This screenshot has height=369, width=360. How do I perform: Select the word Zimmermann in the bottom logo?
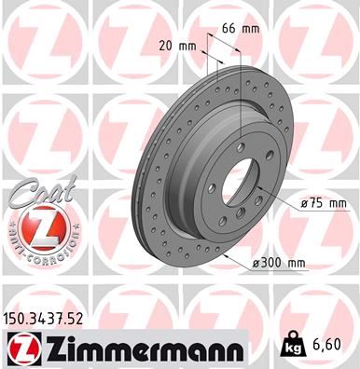click(136, 350)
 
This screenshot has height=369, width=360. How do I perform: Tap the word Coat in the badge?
click(34, 193)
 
